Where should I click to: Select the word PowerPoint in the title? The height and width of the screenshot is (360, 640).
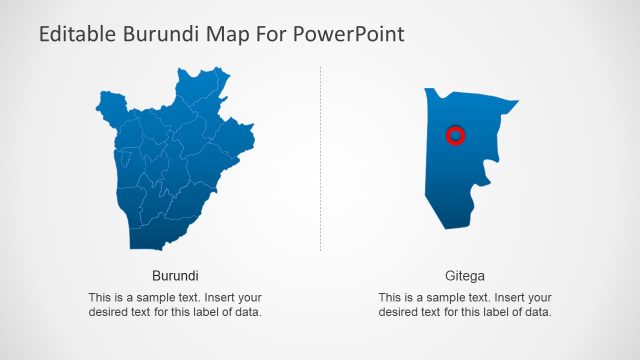coord(352,35)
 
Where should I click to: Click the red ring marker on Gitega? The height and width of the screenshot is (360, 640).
coord(455,135)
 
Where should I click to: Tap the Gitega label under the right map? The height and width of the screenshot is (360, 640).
coord(465,275)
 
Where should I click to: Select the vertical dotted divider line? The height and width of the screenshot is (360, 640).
coord(320,160)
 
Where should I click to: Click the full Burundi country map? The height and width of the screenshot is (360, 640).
coord(170,165)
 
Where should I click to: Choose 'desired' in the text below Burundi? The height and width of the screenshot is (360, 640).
coord(108,312)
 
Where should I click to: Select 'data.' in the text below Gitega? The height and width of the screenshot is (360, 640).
coord(537,312)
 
